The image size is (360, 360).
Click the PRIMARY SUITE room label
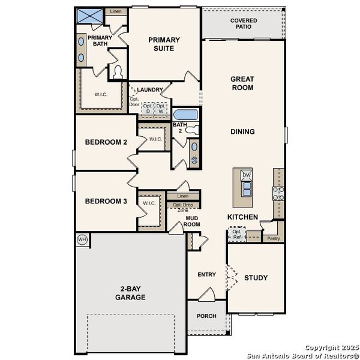[x=164, y=44]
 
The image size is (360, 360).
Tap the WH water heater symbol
[x=82, y=239]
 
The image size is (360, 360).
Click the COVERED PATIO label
[x=243, y=24]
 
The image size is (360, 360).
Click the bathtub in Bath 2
[x=184, y=115]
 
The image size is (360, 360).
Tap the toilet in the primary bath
[x=118, y=73]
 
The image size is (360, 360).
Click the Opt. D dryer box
[x=146, y=109]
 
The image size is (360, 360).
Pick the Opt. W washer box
[x=160, y=109]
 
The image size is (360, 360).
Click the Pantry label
[x=273, y=238]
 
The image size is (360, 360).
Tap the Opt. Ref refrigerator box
[x=238, y=234]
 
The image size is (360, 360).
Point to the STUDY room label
[x=256, y=278]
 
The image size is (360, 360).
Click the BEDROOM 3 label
[x=106, y=202]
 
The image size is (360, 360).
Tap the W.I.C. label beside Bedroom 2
[x=156, y=139]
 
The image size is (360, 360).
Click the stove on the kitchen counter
[x=278, y=193]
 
